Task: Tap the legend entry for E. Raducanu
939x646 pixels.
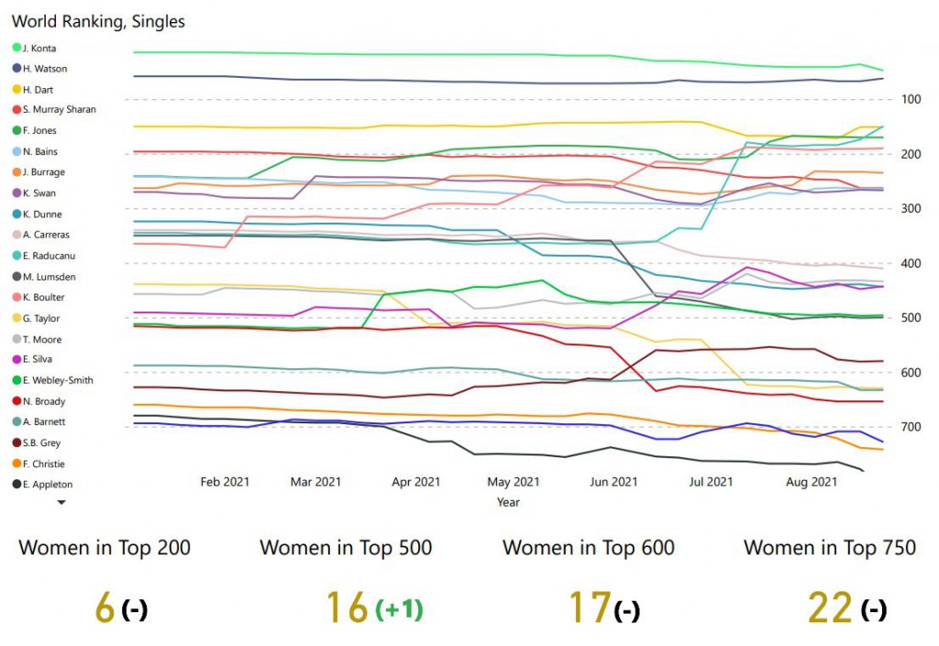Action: coord(50,256)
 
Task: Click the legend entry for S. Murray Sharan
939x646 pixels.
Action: coord(59,110)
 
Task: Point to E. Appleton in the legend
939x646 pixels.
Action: coord(48,485)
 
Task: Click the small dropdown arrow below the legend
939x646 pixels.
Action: coord(61,502)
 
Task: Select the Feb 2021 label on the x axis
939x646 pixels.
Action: coord(225,482)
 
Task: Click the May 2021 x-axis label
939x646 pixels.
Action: coord(514,482)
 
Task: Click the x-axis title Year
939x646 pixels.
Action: coord(508,502)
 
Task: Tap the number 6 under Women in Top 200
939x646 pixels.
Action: coord(105,608)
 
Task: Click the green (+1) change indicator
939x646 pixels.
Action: coord(398,608)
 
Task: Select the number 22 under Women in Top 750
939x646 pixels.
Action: coord(830,608)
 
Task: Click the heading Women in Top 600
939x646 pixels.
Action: coord(589,548)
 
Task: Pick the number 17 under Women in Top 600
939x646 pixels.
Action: coord(589,608)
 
